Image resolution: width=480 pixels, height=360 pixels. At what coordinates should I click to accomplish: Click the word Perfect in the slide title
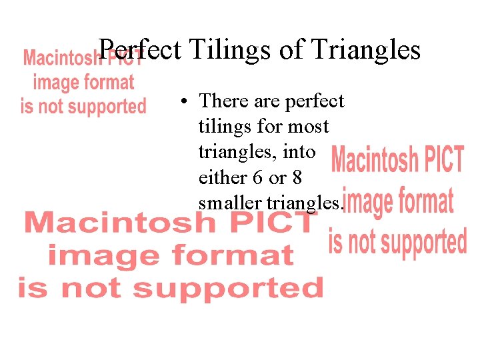click(139, 50)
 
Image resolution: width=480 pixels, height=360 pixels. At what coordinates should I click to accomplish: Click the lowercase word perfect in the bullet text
click(314, 101)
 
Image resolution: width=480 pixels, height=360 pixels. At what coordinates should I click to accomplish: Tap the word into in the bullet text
click(300, 151)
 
